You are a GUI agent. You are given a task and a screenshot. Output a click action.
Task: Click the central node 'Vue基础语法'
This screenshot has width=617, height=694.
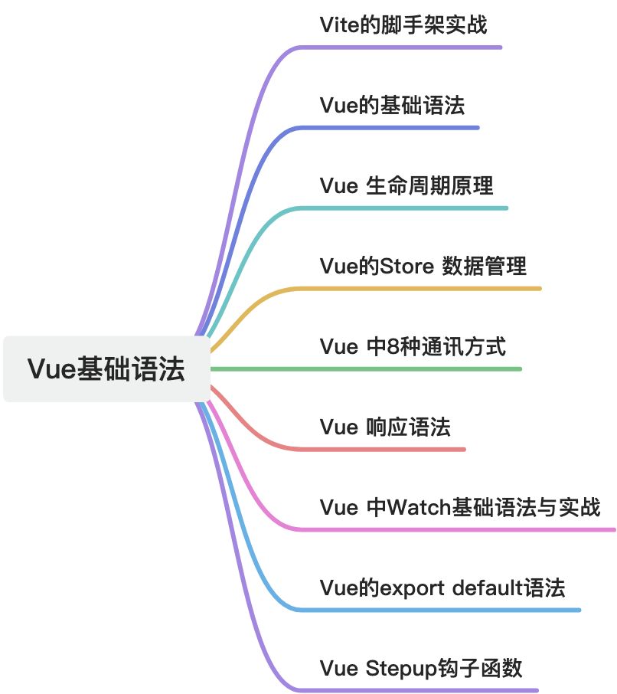[x=106, y=368]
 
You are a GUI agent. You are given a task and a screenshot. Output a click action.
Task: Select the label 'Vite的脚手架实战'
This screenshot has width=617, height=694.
[x=403, y=25]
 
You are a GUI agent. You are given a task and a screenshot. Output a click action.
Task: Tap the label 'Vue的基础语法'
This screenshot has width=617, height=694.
[x=392, y=105]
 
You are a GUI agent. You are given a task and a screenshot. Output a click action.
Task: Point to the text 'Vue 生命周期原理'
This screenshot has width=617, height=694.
[x=406, y=185]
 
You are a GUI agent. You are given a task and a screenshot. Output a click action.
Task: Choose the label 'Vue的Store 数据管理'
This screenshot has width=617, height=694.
[x=423, y=266]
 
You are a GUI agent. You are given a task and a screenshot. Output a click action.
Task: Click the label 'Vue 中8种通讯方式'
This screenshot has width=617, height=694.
[x=413, y=346]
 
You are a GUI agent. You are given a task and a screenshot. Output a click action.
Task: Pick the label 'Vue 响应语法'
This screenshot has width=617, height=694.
[x=385, y=427]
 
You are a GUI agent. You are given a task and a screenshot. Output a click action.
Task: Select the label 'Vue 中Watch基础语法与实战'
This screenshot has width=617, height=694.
[x=460, y=507]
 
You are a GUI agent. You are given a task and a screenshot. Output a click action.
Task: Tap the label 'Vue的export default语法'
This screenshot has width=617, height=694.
[x=442, y=588]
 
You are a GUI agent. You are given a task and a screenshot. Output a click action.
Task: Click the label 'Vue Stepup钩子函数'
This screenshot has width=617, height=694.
[x=421, y=668]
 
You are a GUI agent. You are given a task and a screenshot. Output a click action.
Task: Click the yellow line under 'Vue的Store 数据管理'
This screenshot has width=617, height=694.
[x=429, y=289]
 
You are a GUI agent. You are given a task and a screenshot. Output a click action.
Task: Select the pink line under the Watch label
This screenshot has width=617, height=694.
[x=459, y=529]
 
